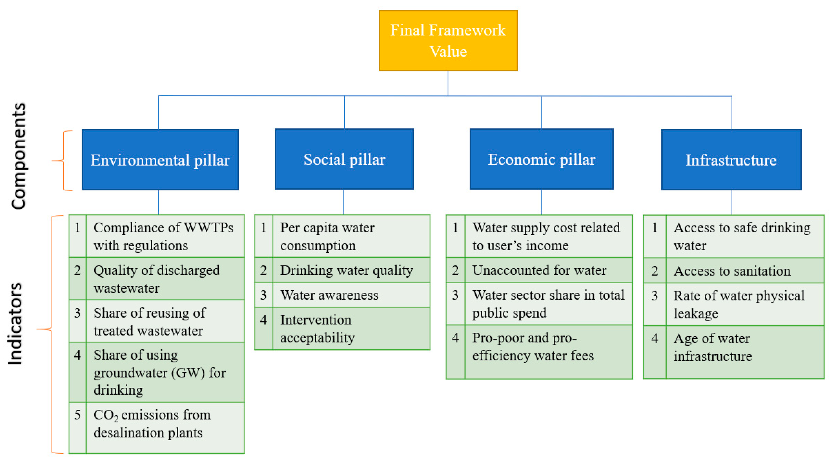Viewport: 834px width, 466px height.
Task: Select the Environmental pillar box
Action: tap(160, 159)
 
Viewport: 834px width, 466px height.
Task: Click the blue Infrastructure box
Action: tap(731, 159)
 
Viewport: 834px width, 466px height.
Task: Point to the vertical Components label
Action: tap(18, 156)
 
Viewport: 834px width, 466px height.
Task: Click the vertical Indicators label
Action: tap(15, 324)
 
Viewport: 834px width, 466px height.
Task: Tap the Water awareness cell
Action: tap(329, 295)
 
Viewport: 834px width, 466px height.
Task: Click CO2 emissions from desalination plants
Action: tap(152, 424)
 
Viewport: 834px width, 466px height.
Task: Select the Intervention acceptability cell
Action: tap(317, 329)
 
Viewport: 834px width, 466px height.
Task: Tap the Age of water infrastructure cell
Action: tap(712, 347)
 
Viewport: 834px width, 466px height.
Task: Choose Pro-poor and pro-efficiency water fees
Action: tap(533, 347)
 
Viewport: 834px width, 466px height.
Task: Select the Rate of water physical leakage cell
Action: tap(739, 304)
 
